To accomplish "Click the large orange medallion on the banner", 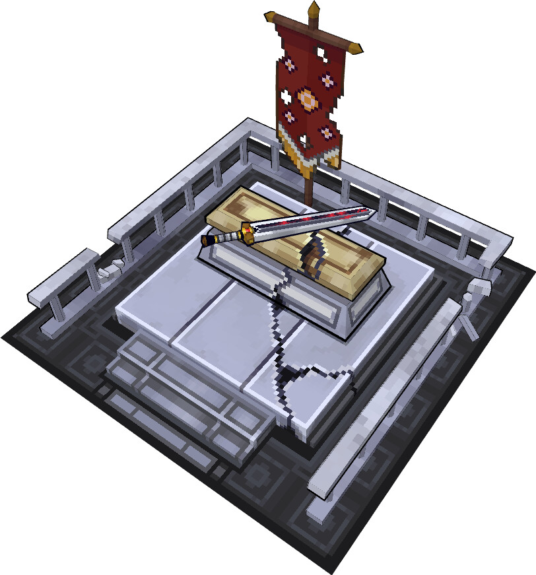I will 307,99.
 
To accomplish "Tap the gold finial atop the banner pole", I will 314,9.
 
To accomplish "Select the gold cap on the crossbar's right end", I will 356,48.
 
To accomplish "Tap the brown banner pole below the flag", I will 308,188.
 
